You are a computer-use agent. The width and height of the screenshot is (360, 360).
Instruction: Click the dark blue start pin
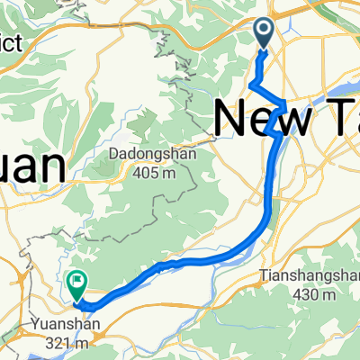(264, 32)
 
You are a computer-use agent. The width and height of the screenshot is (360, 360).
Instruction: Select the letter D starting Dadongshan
(112, 154)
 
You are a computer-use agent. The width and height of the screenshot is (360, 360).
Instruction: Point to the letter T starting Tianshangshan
(264, 274)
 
